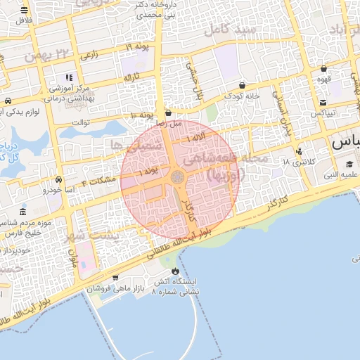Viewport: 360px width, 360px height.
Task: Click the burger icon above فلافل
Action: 25,10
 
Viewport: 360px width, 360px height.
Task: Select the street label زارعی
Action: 89,53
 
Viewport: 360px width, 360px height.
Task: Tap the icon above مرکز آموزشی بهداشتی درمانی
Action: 68,77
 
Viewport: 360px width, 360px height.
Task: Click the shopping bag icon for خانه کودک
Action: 242,84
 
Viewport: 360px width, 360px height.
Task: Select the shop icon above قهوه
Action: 323,69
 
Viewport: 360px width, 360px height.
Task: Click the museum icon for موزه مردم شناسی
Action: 23,212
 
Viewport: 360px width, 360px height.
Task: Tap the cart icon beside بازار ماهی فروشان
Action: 115,278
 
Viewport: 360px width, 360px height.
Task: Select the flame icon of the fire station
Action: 174,271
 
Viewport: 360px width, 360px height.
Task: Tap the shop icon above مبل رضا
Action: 168,112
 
